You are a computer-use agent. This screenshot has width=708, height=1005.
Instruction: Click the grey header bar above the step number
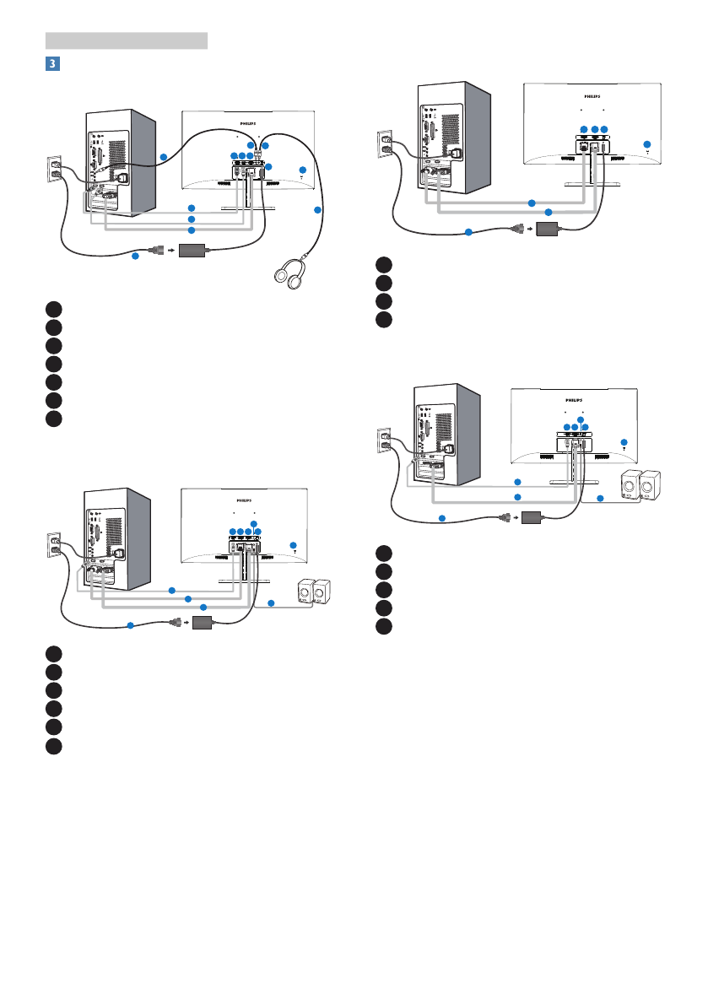[127, 40]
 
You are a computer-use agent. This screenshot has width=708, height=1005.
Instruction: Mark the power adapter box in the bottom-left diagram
[204, 623]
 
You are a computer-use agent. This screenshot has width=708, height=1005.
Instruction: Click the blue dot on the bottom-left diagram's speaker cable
[270, 603]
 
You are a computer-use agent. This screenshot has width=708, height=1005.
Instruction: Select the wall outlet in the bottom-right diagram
[384, 441]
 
